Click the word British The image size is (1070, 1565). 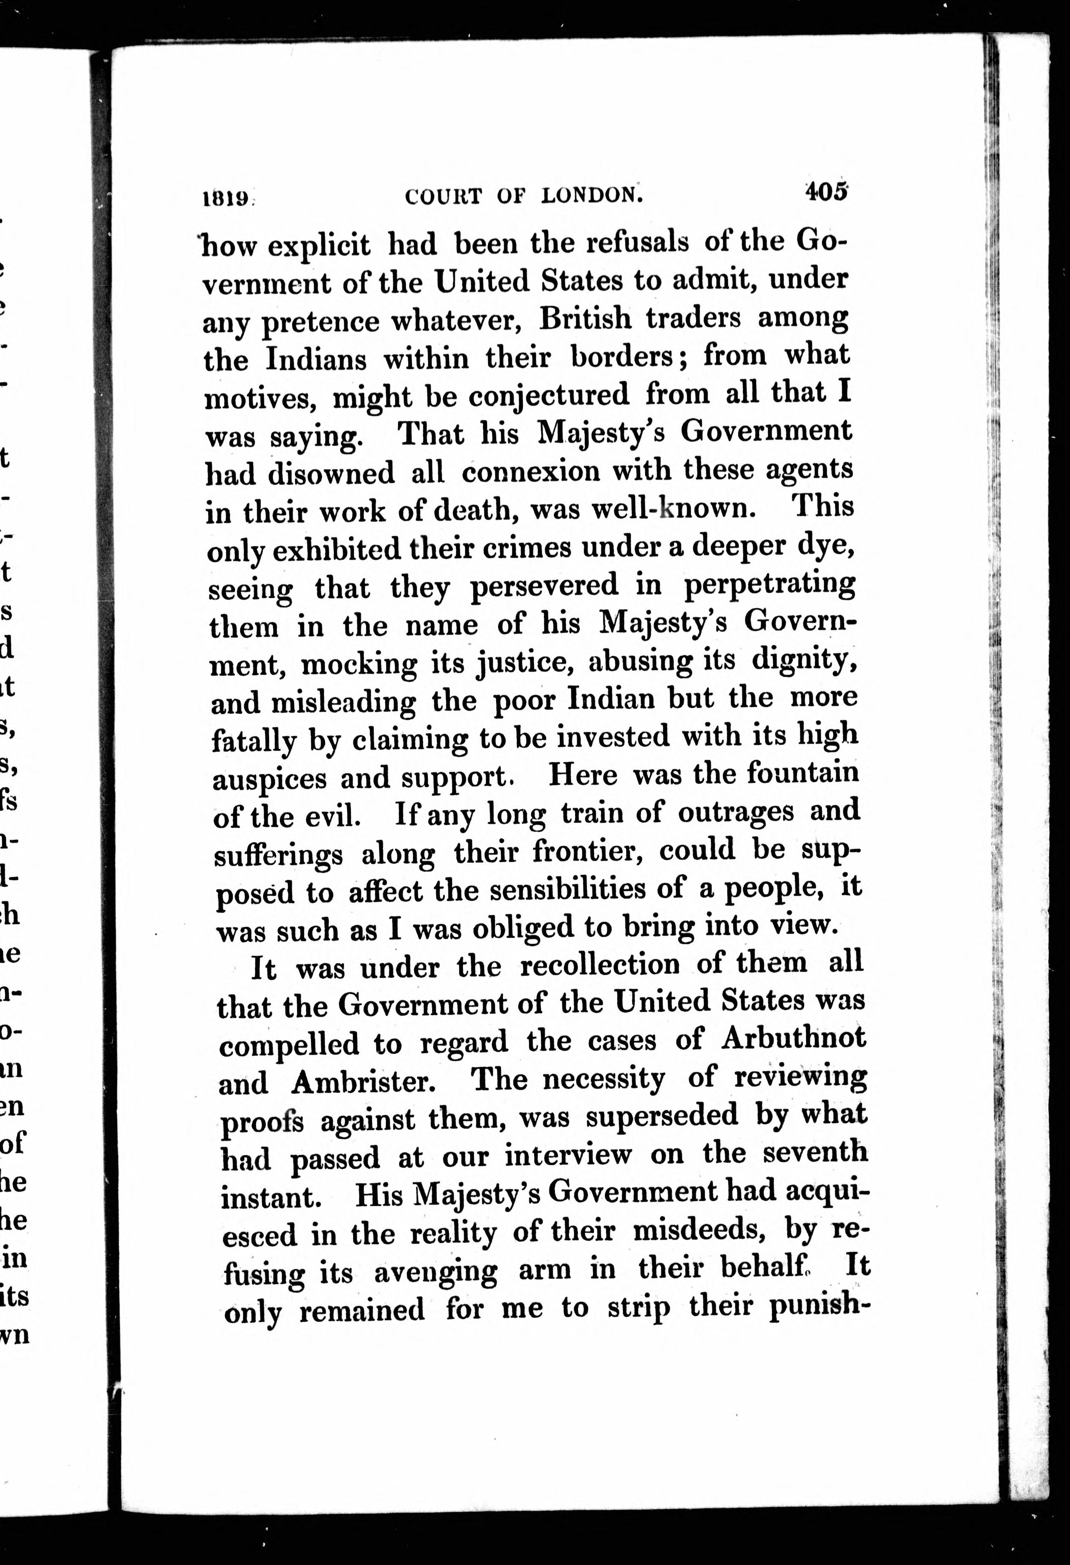pyautogui.click(x=586, y=319)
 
